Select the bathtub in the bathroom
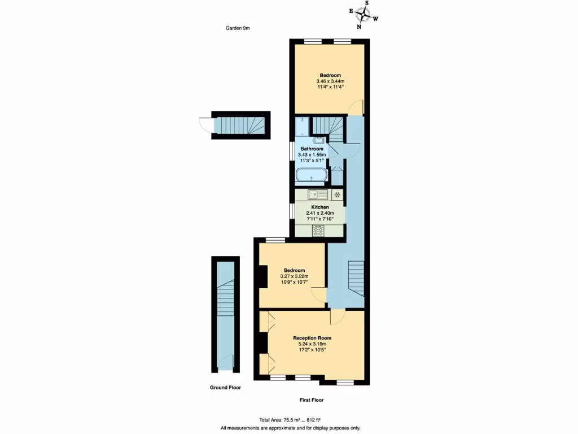310,175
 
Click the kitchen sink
318,195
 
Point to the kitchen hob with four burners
318,230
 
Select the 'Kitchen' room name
319,207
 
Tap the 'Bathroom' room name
312,149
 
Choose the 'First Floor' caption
312,400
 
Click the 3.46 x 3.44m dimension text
330,81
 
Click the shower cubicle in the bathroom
303,128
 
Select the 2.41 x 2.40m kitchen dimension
319,213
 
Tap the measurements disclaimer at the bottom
290,428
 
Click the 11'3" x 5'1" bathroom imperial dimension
312,160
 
